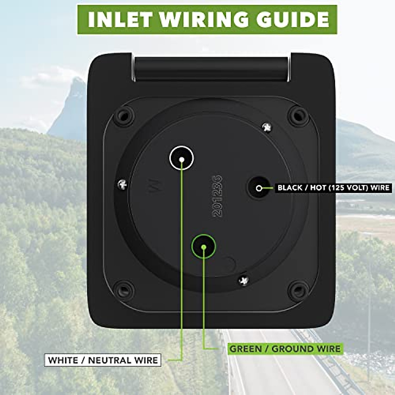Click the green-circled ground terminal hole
[203, 246]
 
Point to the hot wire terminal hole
[259, 188]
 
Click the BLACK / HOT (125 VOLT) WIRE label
[333, 188]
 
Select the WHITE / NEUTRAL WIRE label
[103, 360]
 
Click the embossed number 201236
[218, 196]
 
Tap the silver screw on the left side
[122, 185]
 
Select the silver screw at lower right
[244, 280]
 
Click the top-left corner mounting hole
[123, 115]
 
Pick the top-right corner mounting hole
[298, 115]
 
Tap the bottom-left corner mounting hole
[123, 290]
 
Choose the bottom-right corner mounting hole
[298, 290]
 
